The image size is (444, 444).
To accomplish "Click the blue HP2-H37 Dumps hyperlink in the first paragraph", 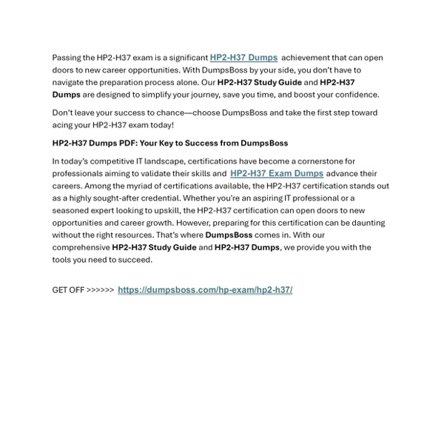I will pyautogui.click(x=243, y=57).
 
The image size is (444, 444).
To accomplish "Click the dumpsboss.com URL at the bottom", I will pyautogui.click(x=204, y=290).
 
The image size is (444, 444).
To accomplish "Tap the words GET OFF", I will pyautogui.click(x=68, y=290).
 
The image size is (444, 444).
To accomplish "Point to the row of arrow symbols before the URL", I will pyautogui.click(x=100, y=290).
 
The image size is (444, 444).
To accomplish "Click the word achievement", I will pyautogui.click(x=310, y=58).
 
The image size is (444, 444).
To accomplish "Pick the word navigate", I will pyautogui.click(x=70, y=82).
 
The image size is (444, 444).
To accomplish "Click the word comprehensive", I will pyautogui.click(x=81, y=248).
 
